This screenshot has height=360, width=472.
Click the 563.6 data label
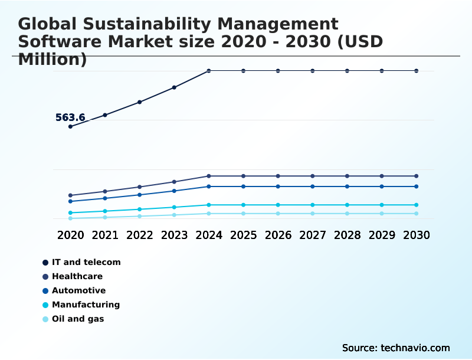click(x=70, y=117)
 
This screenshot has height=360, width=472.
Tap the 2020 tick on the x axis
click(x=70, y=235)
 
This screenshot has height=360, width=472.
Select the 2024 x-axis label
click(x=209, y=235)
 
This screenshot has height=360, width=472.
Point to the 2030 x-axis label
click(x=417, y=235)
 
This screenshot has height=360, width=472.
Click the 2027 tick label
click(x=313, y=235)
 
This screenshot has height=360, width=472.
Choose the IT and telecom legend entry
click(x=86, y=262)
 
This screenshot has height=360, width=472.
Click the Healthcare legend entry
click(x=77, y=276)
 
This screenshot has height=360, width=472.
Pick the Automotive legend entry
click(x=78, y=290)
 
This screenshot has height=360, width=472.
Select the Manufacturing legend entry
click(x=86, y=305)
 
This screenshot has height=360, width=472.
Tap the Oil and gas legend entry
click(x=77, y=319)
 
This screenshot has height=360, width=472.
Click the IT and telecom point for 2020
click(x=70, y=126)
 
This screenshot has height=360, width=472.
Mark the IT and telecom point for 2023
click(x=174, y=87)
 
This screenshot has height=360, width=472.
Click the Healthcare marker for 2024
click(x=209, y=176)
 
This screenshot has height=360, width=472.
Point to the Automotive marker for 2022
click(x=140, y=195)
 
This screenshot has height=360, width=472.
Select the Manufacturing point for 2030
click(x=417, y=205)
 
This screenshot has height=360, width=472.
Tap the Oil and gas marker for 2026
click(x=278, y=214)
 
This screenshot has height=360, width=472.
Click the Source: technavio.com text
click(x=396, y=348)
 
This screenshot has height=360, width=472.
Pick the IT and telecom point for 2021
click(x=105, y=115)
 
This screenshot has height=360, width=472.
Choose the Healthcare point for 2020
click(x=70, y=195)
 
